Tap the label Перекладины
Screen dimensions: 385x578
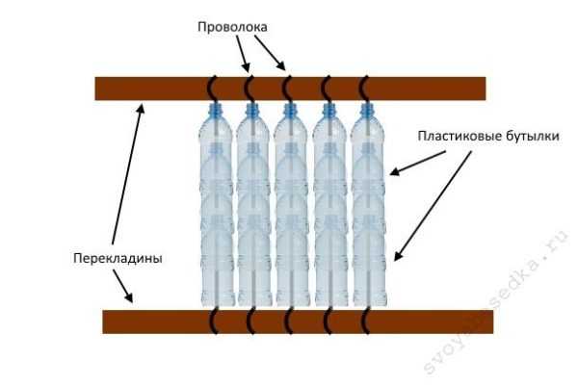tap(116, 257)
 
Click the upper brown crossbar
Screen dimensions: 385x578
tap(289, 88)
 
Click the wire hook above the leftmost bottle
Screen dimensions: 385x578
tap(213, 87)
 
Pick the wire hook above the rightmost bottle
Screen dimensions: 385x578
tap(366, 87)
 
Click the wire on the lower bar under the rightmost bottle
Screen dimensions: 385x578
tap(366, 320)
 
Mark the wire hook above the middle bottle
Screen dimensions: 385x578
tap(290, 87)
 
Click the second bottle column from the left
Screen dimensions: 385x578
tap(251, 212)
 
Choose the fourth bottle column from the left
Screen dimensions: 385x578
tap(328, 212)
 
